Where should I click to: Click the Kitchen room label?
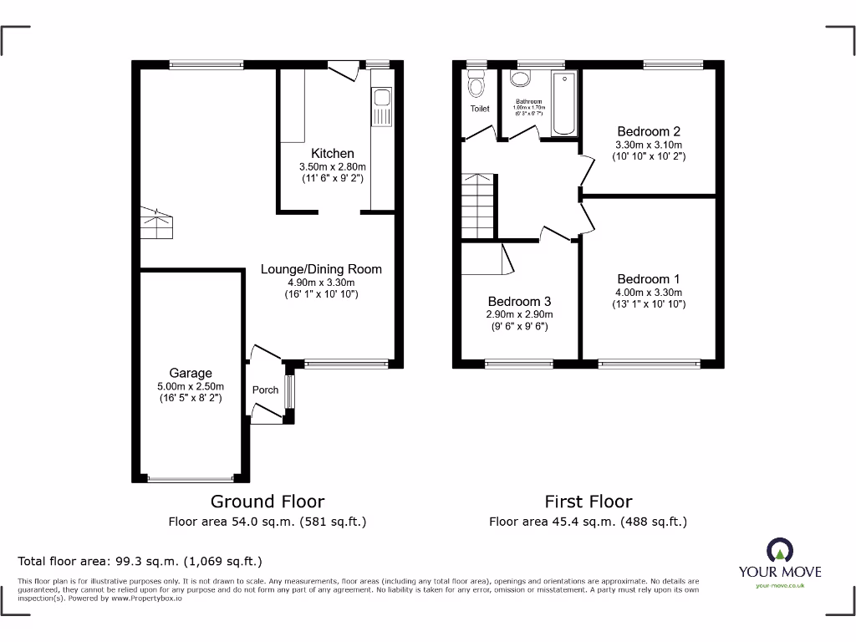pyautogui.click(x=333, y=154)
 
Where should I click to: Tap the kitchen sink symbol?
pyautogui.click(x=382, y=107)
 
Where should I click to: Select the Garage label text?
pyautogui.click(x=191, y=373)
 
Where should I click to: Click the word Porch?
pyautogui.click(x=265, y=390)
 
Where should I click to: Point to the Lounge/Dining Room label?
pyautogui.click(x=321, y=269)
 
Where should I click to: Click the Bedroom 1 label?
pyautogui.click(x=648, y=279)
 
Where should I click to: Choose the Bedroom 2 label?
pyautogui.click(x=648, y=131)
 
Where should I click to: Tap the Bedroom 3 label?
pyautogui.click(x=519, y=301)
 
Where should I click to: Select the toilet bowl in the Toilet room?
pyautogui.click(x=476, y=85)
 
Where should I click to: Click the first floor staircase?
pyautogui.click(x=477, y=205)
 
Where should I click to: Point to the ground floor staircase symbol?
pyautogui.click(x=156, y=223)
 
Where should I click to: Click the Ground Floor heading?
pyautogui.click(x=267, y=502)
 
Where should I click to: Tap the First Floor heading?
pyautogui.click(x=588, y=502)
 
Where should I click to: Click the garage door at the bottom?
pyautogui.click(x=191, y=479)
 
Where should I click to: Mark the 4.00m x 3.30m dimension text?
pyautogui.click(x=648, y=293)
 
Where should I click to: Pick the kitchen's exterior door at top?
pyautogui.click(x=344, y=72)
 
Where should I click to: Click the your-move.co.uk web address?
pyautogui.click(x=779, y=585)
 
